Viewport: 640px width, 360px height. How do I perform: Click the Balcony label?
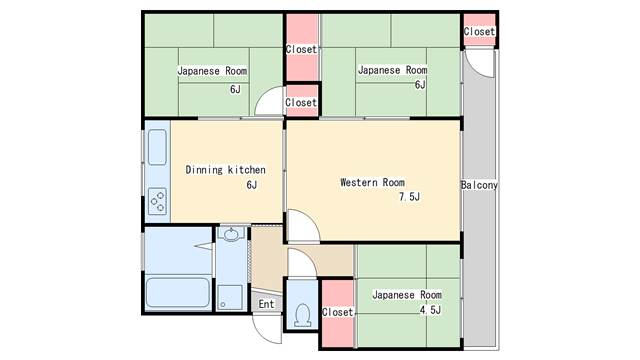(479, 185)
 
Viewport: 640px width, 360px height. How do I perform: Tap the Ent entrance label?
(266, 304)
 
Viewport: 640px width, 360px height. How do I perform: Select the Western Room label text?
(372, 182)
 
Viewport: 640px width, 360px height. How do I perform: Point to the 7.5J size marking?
(409, 197)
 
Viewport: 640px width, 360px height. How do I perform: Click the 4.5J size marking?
(430, 310)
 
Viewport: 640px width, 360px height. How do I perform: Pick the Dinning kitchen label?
(225, 169)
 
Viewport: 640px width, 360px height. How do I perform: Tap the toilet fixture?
(302, 315)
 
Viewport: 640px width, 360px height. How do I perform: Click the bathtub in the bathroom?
(178, 292)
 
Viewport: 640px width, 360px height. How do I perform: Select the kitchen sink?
(157, 147)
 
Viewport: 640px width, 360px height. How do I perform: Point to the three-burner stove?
(157, 201)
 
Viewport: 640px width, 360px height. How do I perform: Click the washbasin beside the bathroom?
(231, 234)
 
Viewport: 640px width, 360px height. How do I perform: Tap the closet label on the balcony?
(479, 31)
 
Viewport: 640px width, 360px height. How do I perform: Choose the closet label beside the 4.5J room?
(337, 312)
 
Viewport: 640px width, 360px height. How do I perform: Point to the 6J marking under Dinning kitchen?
(251, 185)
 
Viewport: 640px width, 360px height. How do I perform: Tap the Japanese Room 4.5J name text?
(407, 294)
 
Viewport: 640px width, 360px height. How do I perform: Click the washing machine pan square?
(231, 297)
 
